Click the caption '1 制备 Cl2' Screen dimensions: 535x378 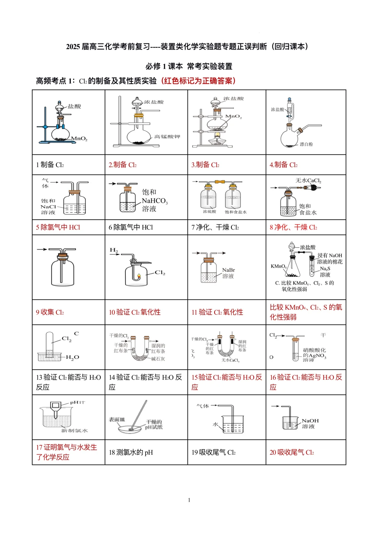click(50, 165)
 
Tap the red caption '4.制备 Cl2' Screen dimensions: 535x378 click(283, 165)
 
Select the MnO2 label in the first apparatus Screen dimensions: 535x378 click(79, 139)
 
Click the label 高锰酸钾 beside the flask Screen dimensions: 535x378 click(167, 137)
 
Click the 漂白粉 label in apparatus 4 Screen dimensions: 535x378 click(306, 144)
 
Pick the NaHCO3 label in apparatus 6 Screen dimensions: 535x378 click(154, 201)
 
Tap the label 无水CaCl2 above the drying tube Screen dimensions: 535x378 click(308, 180)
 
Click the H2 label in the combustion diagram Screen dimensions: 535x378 click(114, 250)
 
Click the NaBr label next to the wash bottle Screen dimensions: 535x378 click(229, 270)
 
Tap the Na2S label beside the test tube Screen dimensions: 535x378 click(325, 269)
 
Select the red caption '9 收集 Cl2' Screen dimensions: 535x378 click(50, 312)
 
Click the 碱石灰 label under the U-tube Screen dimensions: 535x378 click(158, 359)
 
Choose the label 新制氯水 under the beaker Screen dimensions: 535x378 click(75, 431)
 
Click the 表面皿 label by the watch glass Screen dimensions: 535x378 click(117, 419)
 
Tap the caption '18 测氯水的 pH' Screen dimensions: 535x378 click(131, 452)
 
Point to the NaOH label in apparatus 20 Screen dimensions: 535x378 click(310, 421)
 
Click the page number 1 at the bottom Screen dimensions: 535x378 click(189, 500)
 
